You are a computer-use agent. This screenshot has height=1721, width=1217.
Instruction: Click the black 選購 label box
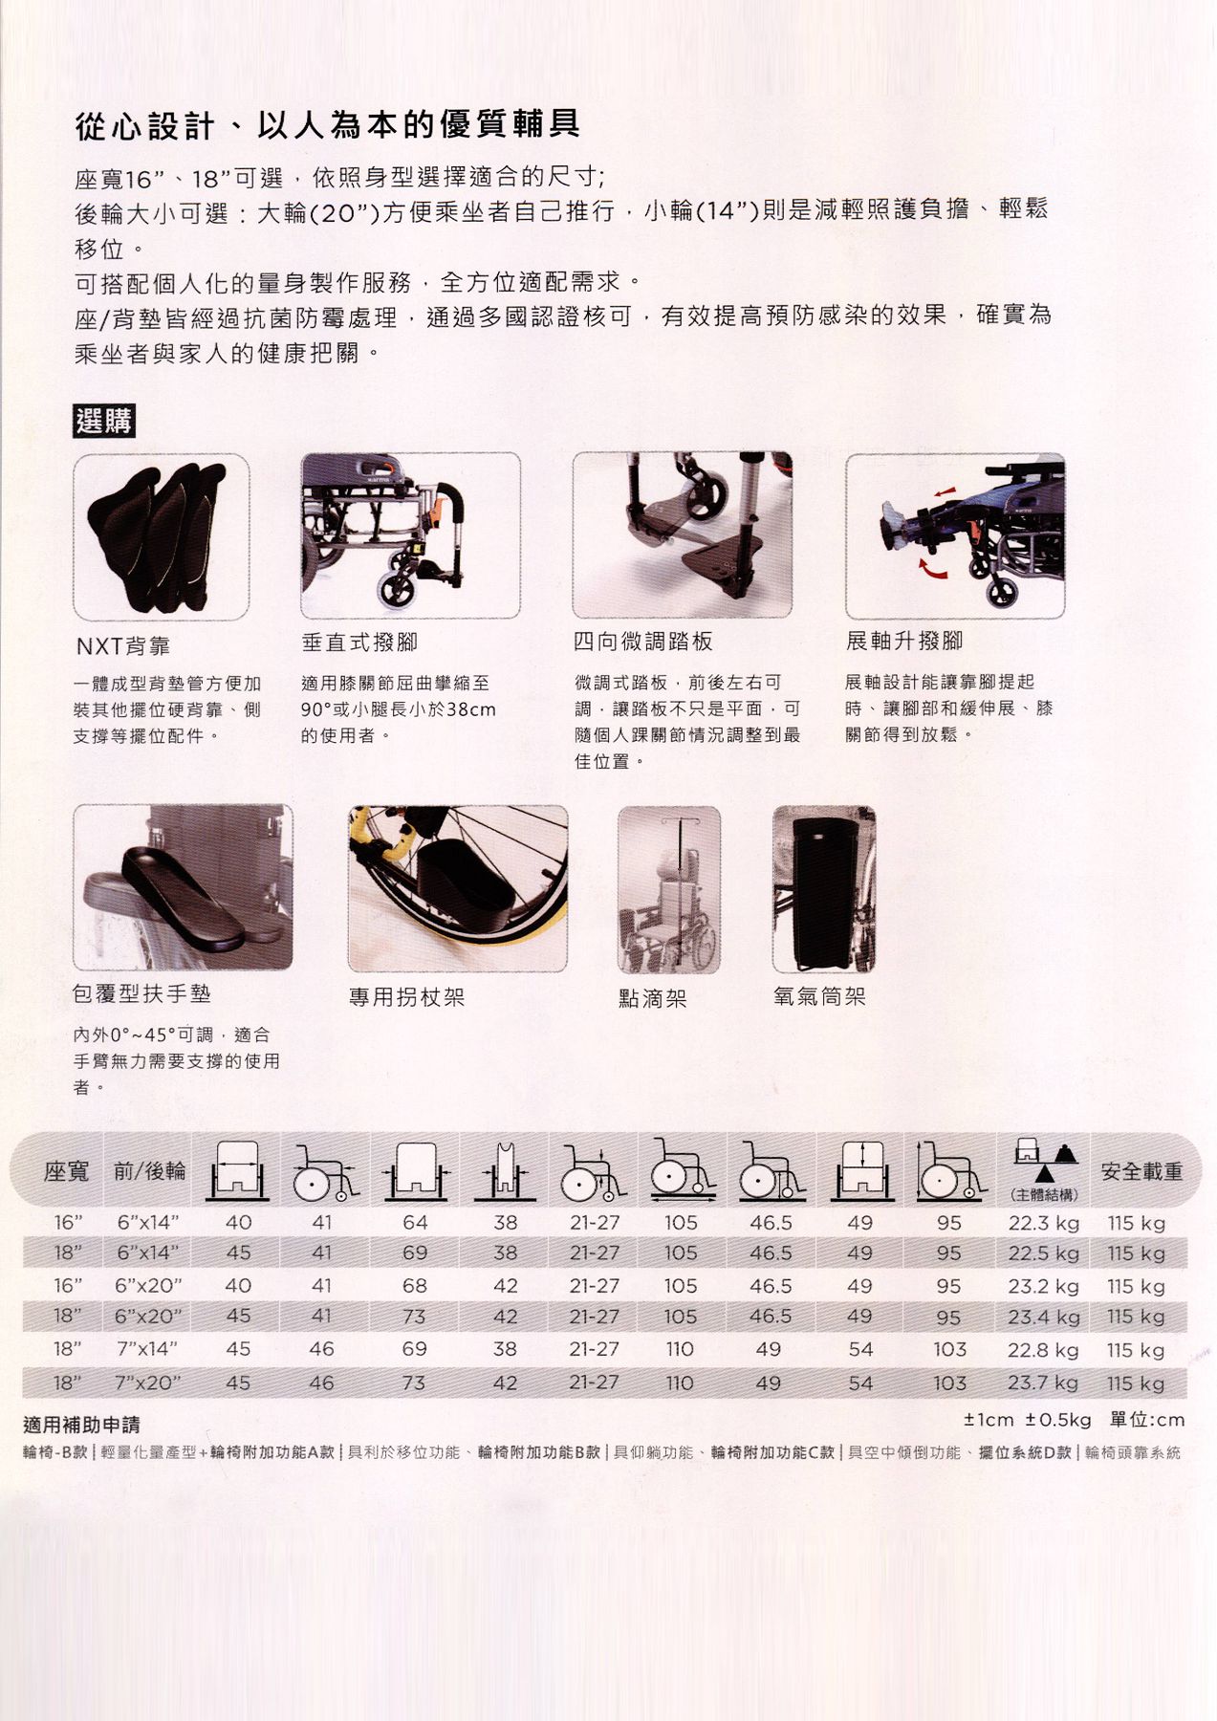pos(104,421)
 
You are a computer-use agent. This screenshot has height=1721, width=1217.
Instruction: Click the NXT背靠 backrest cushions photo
pos(162,536)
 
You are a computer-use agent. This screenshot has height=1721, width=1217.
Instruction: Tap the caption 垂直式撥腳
pos(359,643)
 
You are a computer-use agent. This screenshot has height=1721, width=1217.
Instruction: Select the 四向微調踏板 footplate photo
pos(682,535)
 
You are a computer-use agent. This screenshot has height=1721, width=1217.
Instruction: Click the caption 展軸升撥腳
pos(903,641)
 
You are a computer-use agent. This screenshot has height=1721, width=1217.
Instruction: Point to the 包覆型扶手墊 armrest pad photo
pos(183,887)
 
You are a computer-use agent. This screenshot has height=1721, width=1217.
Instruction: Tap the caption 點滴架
pos(652,999)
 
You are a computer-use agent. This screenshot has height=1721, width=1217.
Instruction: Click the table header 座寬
pos(66,1171)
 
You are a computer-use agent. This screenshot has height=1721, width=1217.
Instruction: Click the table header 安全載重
pos(1141,1171)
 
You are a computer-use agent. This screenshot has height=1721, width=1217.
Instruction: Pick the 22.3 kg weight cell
pos(1043,1223)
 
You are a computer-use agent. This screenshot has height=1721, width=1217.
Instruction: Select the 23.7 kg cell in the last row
pos(1042,1383)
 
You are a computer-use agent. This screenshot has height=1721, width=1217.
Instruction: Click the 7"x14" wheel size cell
pos(146,1349)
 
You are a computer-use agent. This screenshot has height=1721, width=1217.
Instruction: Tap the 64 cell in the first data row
pos(415,1223)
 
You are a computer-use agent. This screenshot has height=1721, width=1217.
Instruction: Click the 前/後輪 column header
pos(149,1171)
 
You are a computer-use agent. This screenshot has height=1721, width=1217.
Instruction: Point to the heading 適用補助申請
pos(81,1426)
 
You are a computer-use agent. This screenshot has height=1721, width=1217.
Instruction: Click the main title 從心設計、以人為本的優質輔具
pos(327,125)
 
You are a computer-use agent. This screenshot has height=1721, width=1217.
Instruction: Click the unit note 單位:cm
pos(1146,1420)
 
